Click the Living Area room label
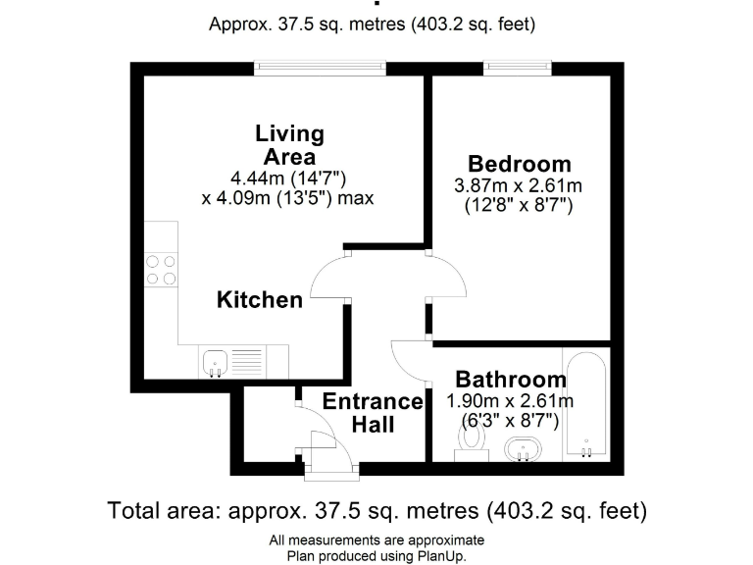coord(289,145)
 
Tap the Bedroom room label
coord(519,164)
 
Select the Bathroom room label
coord(510,380)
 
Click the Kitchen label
coord(260,300)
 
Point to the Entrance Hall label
coord(373,413)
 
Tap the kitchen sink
coord(216,361)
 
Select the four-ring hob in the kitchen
coord(162,270)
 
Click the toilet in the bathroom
coord(473,442)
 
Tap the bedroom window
coord(516,68)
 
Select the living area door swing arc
coord(329,279)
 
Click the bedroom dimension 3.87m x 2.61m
coord(519,185)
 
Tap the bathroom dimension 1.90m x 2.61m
coord(510,401)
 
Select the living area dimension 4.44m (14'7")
coord(289,178)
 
